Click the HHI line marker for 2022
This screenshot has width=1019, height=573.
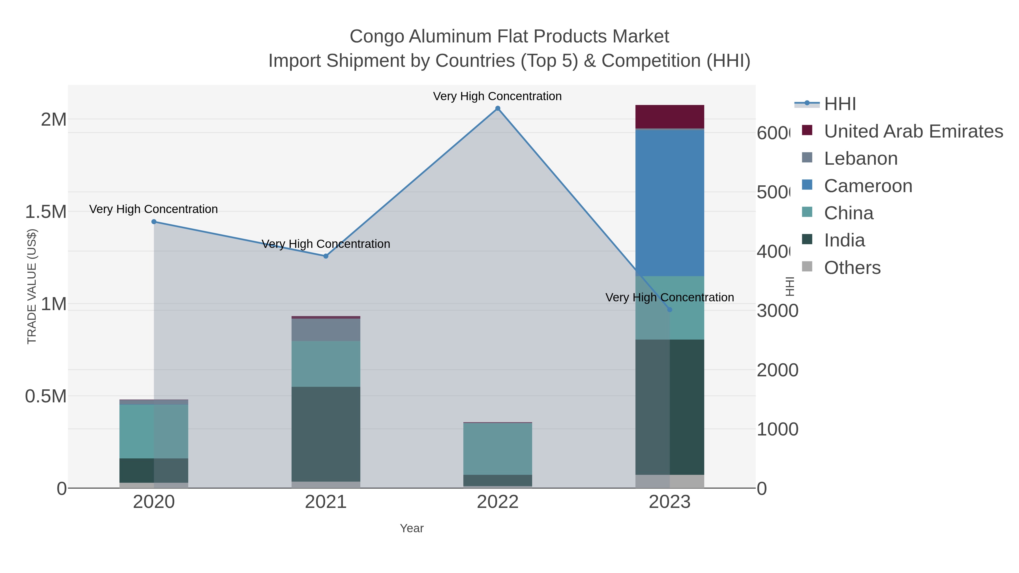(x=498, y=108)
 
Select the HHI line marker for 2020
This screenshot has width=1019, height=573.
(x=154, y=222)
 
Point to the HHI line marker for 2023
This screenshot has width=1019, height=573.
(x=670, y=310)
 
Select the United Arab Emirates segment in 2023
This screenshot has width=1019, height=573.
(x=670, y=117)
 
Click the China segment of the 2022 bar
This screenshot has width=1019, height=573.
(x=498, y=449)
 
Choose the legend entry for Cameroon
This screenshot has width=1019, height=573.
(x=868, y=186)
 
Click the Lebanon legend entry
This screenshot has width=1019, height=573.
(x=860, y=158)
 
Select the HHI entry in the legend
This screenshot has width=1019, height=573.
(x=840, y=104)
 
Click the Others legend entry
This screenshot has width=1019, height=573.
(x=852, y=268)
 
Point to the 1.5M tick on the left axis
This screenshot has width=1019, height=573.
(x=46, y=212)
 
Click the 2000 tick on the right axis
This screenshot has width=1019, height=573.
(x=777, y=370)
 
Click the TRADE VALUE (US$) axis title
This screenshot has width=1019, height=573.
(x=32, y=286)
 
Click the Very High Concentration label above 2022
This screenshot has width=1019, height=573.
(x=497, y=96)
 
